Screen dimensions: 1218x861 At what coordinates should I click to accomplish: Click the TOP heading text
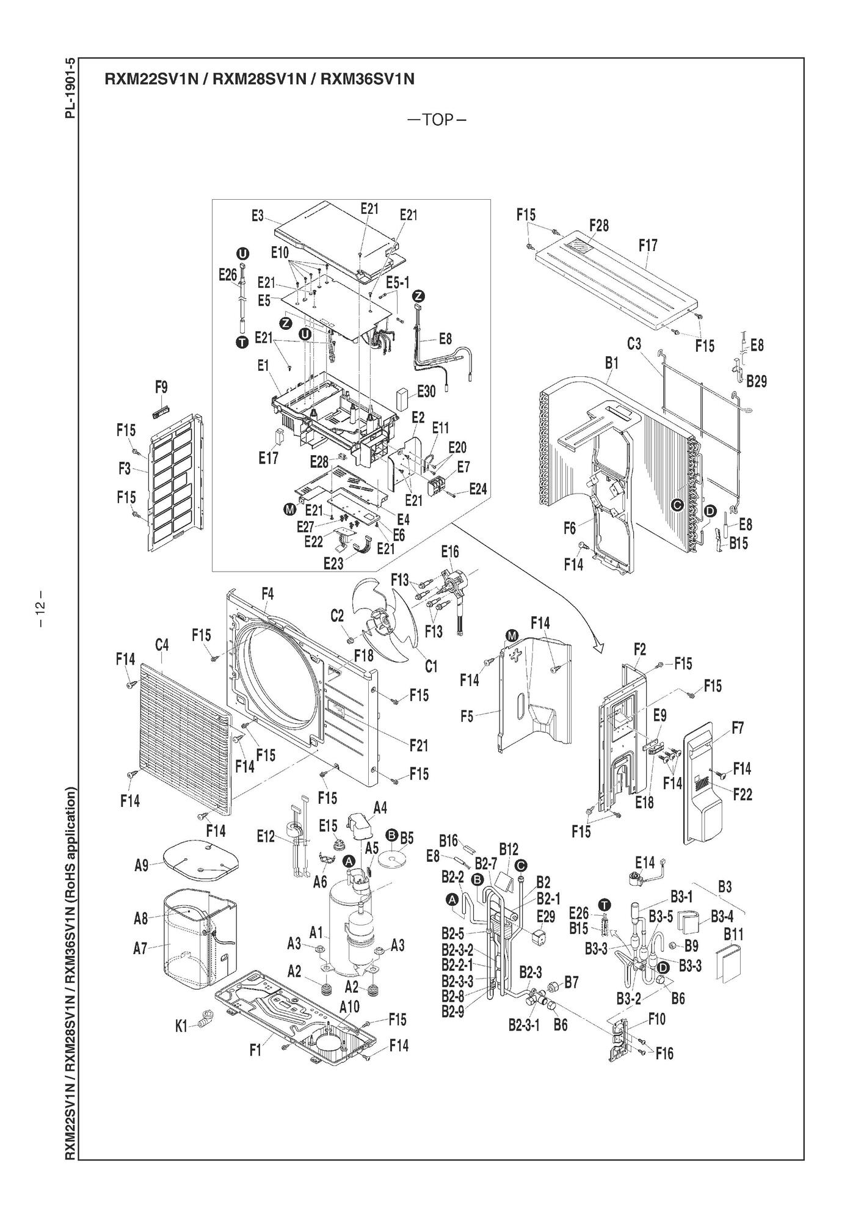(x=437, y=119)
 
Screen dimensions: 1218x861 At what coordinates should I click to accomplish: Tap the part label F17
(x=648, y=246)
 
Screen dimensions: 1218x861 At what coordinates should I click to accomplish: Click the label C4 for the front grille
(x=162, y=644)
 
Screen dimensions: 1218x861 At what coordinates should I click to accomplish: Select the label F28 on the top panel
(x=598, y=225)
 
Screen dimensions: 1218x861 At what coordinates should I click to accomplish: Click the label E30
(x=426, y=392)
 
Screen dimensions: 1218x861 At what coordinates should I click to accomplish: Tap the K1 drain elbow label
(x=181, y=1026)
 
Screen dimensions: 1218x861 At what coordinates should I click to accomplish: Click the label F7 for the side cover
(x=737, y=728)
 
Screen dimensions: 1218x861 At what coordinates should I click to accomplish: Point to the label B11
(x=733, y=934)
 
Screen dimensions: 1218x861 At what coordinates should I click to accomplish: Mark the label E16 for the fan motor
(x=449, y=552)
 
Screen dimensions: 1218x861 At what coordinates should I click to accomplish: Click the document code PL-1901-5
(x=71, y=89)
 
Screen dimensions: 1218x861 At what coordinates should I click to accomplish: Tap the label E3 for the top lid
(x=257, y=216)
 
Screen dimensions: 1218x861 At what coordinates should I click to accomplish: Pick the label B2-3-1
(x=524, y=1024)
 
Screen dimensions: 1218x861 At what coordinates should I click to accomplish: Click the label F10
(x=656, y=1018)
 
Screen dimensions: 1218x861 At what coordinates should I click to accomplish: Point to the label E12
(x=266, y=837)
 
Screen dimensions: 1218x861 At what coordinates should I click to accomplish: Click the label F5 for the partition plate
(x=467, y=715)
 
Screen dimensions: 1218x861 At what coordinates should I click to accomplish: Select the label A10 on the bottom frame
(x=349, y=1007)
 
